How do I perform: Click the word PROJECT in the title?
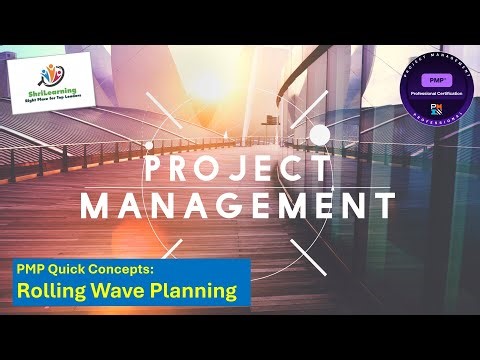click(237, 167)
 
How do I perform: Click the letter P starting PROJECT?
click(153, 167)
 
